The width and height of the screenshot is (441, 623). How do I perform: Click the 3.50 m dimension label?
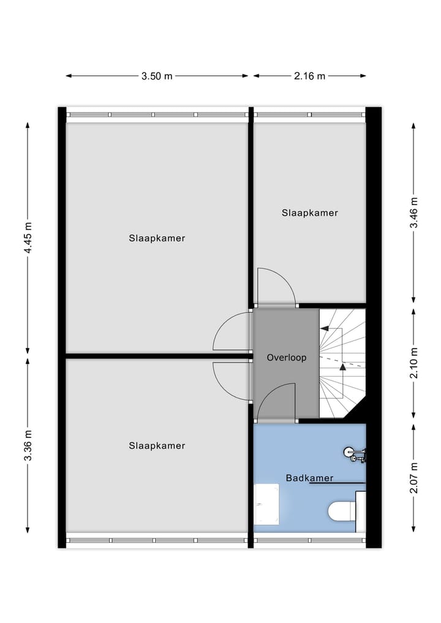[157, 76]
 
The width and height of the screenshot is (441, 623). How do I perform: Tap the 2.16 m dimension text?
[309, 76]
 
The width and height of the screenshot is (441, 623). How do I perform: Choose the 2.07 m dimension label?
[414, 478]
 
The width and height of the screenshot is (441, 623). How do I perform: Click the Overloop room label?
[286, 357]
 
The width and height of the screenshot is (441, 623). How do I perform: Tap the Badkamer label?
[309, 478]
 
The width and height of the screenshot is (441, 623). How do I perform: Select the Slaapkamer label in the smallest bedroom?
[310, 213]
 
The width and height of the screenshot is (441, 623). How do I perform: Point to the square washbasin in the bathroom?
[266, 504]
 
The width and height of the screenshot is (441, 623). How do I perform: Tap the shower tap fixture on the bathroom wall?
[355, 453]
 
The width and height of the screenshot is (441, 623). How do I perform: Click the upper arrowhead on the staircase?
[324, 328]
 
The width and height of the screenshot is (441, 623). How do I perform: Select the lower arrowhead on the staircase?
[342, 368]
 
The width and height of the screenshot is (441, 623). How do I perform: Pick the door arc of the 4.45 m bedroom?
[232, 333]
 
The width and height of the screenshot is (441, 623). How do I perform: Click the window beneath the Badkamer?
[309, 540]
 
